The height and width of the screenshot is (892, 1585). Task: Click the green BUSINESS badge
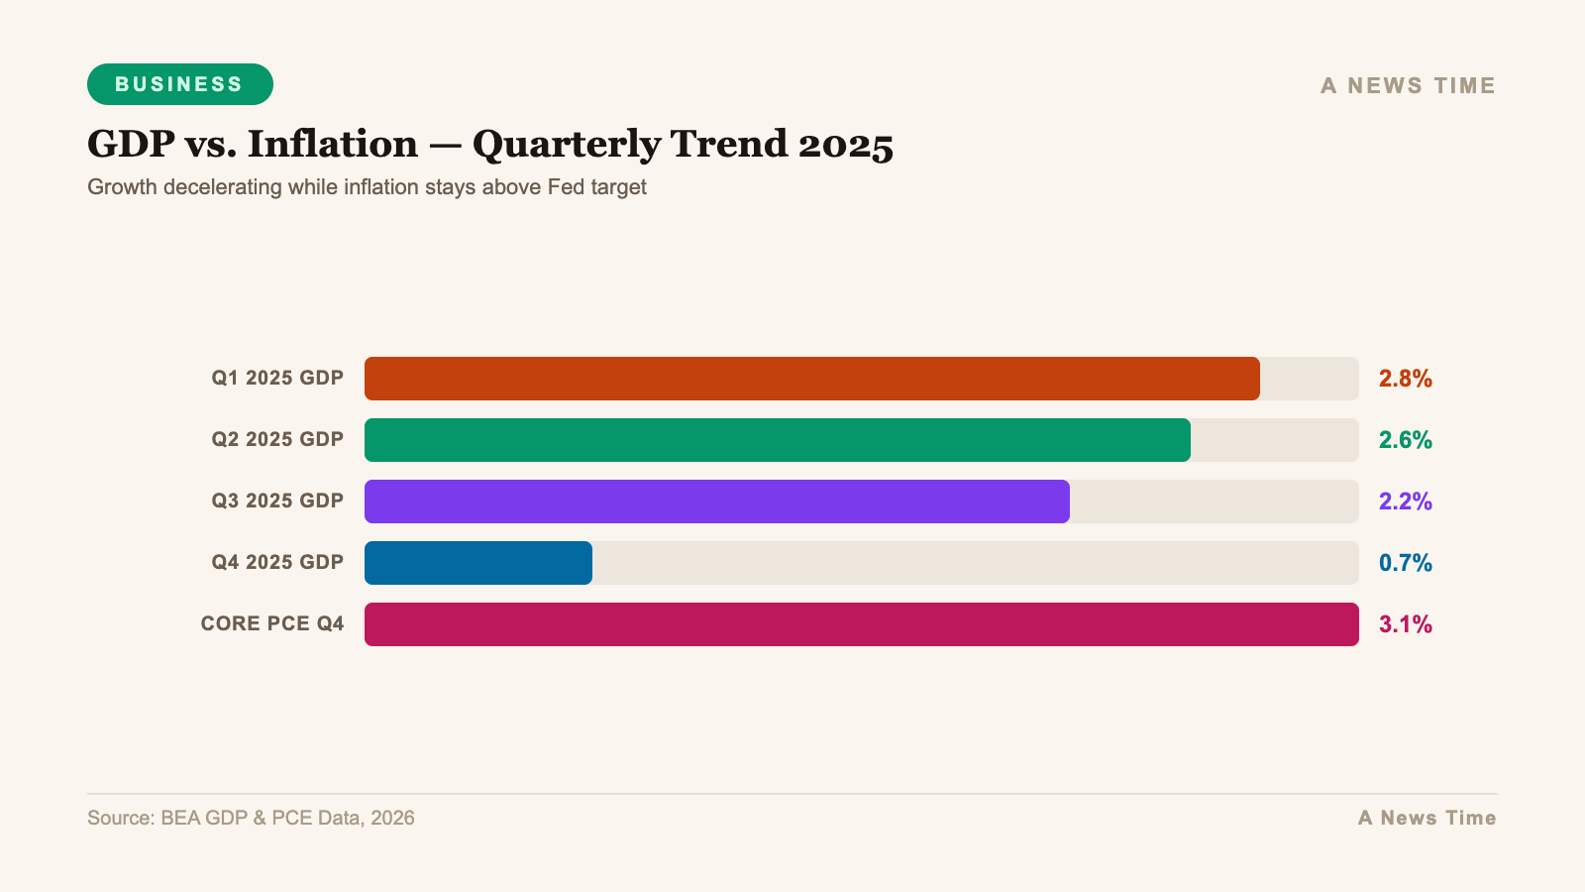coord(179,84)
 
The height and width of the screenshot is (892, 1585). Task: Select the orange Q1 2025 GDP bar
coord(811,379)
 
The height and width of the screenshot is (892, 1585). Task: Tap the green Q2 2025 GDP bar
coord(777,440)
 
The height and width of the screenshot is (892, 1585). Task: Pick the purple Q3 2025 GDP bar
coord(716,502)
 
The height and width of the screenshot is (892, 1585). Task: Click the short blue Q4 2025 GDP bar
coord(477,563)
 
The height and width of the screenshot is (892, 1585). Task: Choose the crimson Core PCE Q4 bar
coord(861,624)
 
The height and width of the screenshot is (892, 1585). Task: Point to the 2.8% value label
coord(1405,379)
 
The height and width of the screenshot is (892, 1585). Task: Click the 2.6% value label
coord(1405,440)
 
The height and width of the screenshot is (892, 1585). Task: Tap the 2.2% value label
coord(1405,502)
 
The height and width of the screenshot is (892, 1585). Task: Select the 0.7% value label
coord(1405,563)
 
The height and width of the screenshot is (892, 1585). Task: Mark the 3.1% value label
coord(1405,624)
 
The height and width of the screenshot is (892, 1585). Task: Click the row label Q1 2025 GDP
coord(277,379)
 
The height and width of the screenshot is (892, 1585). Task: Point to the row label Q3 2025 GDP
coord(277,502)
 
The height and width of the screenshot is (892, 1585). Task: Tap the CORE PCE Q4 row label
coord(272,624)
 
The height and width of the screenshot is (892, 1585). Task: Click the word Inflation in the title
coord(332,145)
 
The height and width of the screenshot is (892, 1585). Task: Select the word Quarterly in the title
coord(566,145)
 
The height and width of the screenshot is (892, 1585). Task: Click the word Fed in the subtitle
coord(566,187)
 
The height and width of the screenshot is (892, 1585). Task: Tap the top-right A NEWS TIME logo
coord(1408,86)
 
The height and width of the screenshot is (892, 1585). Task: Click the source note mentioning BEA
coord(251,819)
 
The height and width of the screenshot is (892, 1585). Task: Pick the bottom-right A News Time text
coord(1426,819)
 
